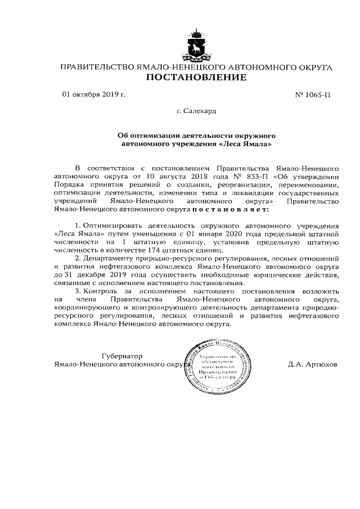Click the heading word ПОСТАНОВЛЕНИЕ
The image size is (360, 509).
point(196,77)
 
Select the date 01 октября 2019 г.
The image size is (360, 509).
point(93,94)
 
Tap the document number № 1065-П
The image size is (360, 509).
point(313,94)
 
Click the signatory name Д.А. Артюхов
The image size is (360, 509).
point(312,364)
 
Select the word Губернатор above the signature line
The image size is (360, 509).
point(122,356)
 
